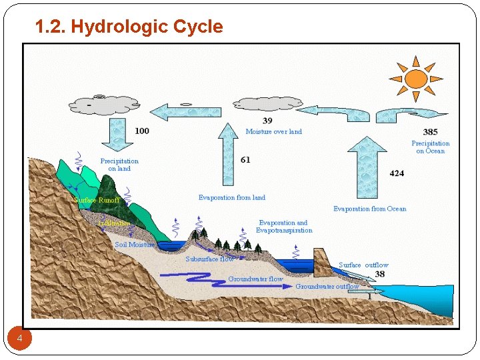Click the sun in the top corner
click(x=415, y=79)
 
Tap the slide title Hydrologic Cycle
click(x=129, y=27)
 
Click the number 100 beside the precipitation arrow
click(x=142, y=131)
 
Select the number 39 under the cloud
click(x=267, y=121)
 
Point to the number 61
click(x=245, y=160)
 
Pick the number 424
click(x=397, y=173)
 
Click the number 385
click(x=430, y=132)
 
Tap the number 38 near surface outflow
click(x=380, y=274)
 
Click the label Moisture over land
click(x=273, y=131)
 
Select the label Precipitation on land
click(x=119, y=165)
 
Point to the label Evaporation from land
click(x=231, y=197)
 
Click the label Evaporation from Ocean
click(x=369, y=209)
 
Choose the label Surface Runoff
click(x=97, y=200)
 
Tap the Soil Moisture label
click(x=134, y=245)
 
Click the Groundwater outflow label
click(x=327, y=287)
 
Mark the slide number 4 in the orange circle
click(x=20, y=339)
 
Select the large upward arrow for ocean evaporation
click(x=367, y=167)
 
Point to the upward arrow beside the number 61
click(x=229, y=157)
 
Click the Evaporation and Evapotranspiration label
click(x=284, y=227)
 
